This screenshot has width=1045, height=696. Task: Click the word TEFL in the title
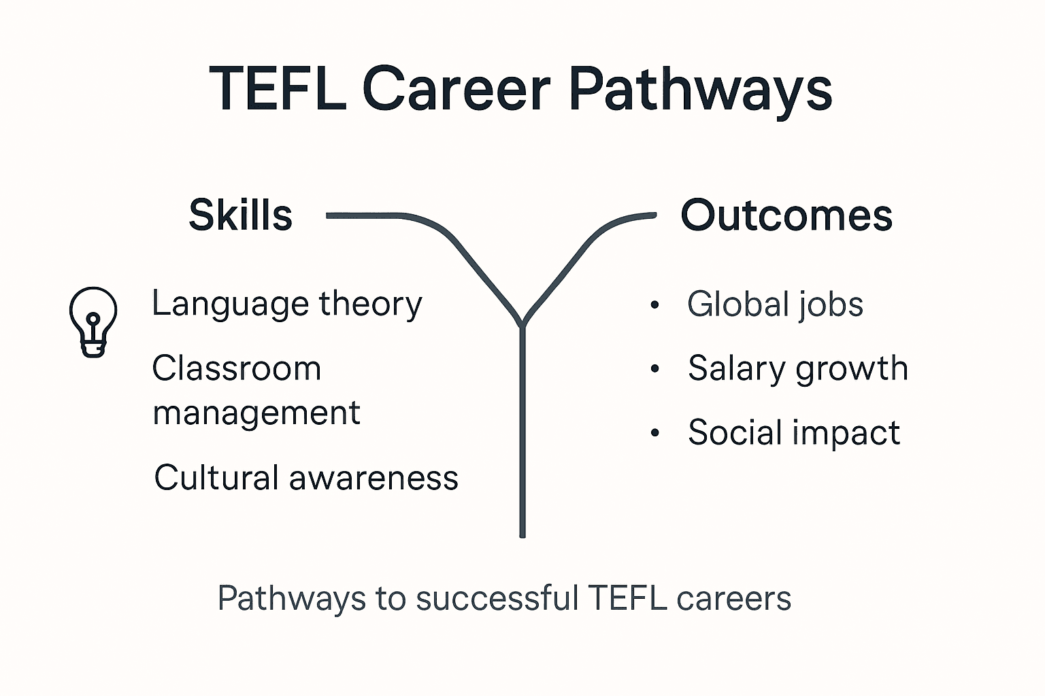pos(278,88)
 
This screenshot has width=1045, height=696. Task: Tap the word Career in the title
pos(456,88)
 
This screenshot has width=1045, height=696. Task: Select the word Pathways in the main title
pos(700,90)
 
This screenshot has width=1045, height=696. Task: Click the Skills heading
pos(241,215)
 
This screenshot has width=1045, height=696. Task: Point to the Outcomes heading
pos(786,215)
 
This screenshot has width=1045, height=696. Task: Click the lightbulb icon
pos(93,321)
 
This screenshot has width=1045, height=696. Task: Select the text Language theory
pos(286,304)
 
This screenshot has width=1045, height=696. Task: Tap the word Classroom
pos(237,368)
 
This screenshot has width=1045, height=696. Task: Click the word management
pos(256,413)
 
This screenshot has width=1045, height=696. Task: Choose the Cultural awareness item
pos(306,477)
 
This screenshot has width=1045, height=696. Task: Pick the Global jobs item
pos(775,304)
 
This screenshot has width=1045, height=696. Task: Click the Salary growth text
pos(797,368)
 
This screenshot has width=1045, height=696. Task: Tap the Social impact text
pos(794,432)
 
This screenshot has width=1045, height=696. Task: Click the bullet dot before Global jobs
pos(654,304)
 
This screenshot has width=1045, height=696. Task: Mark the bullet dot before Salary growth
pos(654,369)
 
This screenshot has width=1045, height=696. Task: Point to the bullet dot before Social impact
pos(654,433)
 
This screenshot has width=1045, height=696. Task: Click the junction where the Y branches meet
pos(522,324)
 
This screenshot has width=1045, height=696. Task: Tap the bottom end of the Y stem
pos(522,534)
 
